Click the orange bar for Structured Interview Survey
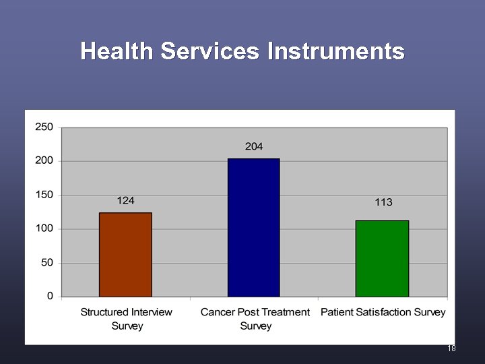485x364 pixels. [125, 255]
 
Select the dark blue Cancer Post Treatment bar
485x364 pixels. [253, 228]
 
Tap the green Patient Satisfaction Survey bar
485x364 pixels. [382, 258]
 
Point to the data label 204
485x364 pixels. [254, 146]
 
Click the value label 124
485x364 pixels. [125, 200]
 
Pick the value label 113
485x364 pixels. [383, 202]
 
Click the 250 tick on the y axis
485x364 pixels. [44, 127]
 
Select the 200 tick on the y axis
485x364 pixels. [44, 160]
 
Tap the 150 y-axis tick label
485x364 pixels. [44, 195]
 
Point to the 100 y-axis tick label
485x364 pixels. [44, 229]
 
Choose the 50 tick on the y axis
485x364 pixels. [47, 262]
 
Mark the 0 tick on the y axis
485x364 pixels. [50, 296]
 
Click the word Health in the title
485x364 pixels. [116, 51]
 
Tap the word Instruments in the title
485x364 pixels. [335, 51]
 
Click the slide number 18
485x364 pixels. [451, 348]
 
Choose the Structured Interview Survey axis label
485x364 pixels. [127, 319]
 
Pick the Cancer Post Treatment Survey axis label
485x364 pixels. [255, 319]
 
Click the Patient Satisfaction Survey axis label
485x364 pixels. [383, 312]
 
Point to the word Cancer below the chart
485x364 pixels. [217, 312]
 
